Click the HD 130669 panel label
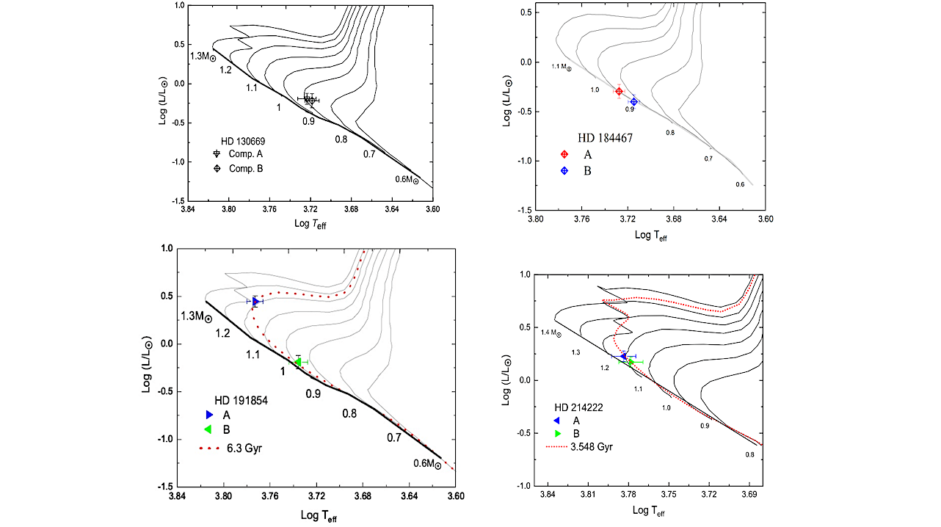(x=243, y=141)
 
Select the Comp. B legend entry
(x=239, y=168)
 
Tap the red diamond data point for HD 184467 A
(x=619, y=91)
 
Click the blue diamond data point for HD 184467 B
(x=634, y=101)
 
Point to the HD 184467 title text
(x=605, y=138)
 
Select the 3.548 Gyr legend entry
(x=579, y=447)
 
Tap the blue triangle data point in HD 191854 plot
(x=255, y=302)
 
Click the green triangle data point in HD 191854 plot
(x=298, y=362)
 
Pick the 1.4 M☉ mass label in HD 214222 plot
(x=551, y=333)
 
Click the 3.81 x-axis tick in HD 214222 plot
(x=588, y=495)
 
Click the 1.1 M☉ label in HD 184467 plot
(x=562, y=67)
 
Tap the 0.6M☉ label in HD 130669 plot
(x=407, y=180)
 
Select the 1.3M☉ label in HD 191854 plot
(x=196, y=316)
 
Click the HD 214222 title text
(x=578, y=407)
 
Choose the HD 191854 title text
(x=241, y=401)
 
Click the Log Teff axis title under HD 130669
(x=310, y=225)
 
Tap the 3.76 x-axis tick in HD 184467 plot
(x=582, y=219)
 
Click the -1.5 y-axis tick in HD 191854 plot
(x=165, y=487)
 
